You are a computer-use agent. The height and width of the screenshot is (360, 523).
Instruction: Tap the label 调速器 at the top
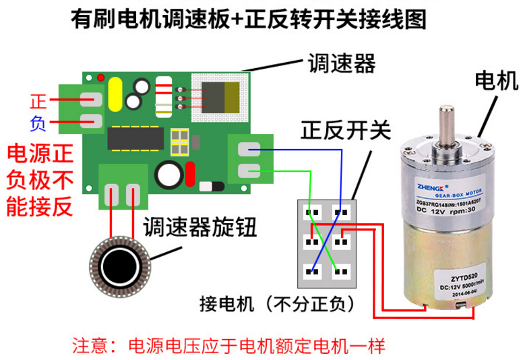341,64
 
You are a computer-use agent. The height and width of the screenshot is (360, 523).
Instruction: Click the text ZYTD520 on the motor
446,277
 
